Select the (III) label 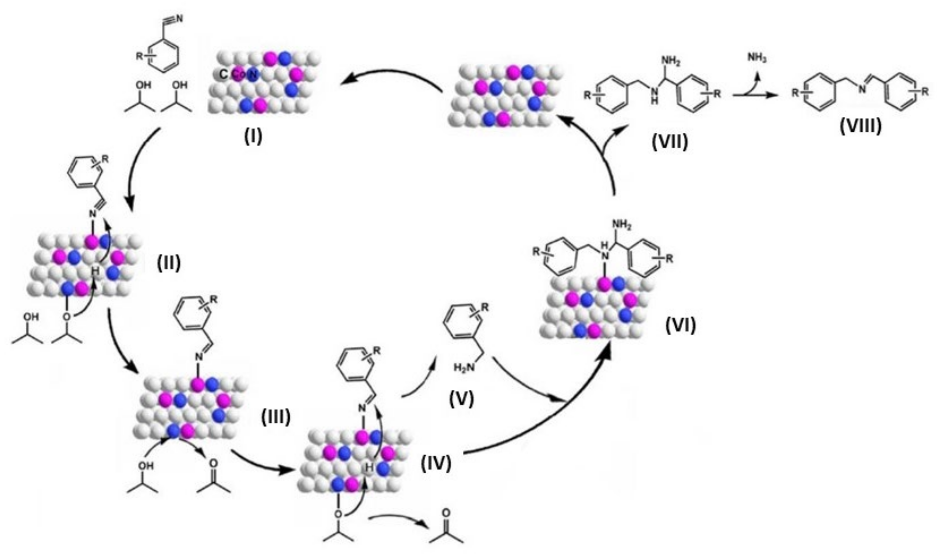click(276, 417)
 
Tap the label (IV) click(436, 464)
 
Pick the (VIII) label click(860, 127)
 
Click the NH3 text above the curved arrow click(757, 58)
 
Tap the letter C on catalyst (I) click(223, 74)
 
